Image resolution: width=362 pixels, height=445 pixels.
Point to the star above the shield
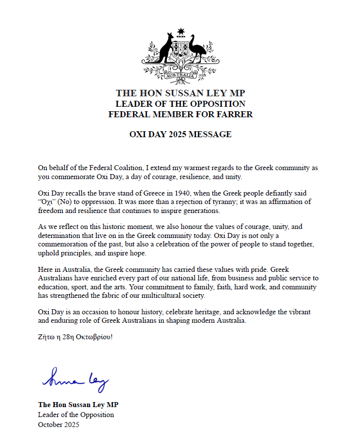pos(181,31)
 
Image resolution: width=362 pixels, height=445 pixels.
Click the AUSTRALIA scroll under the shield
pos(181,75)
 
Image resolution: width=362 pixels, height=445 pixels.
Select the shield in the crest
pos(181,52)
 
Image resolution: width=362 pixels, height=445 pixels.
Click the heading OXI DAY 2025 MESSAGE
pos(180,134)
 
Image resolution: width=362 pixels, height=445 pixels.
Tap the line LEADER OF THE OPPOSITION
pos(180,104)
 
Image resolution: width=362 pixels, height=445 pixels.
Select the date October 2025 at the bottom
pos(58,425)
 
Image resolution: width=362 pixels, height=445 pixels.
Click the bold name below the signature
pos(78,405)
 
